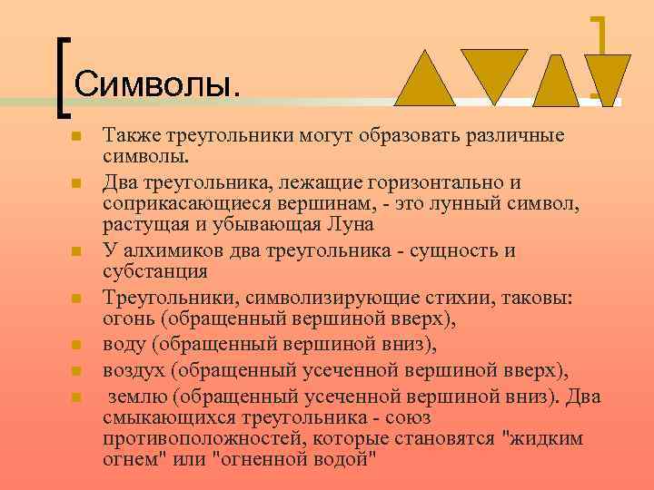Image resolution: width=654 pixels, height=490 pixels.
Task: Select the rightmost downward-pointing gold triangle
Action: tap(607, 76)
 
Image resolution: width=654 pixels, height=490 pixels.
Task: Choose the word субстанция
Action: tap(156, 271)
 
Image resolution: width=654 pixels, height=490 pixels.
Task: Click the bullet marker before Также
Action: tap(77, 136)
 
